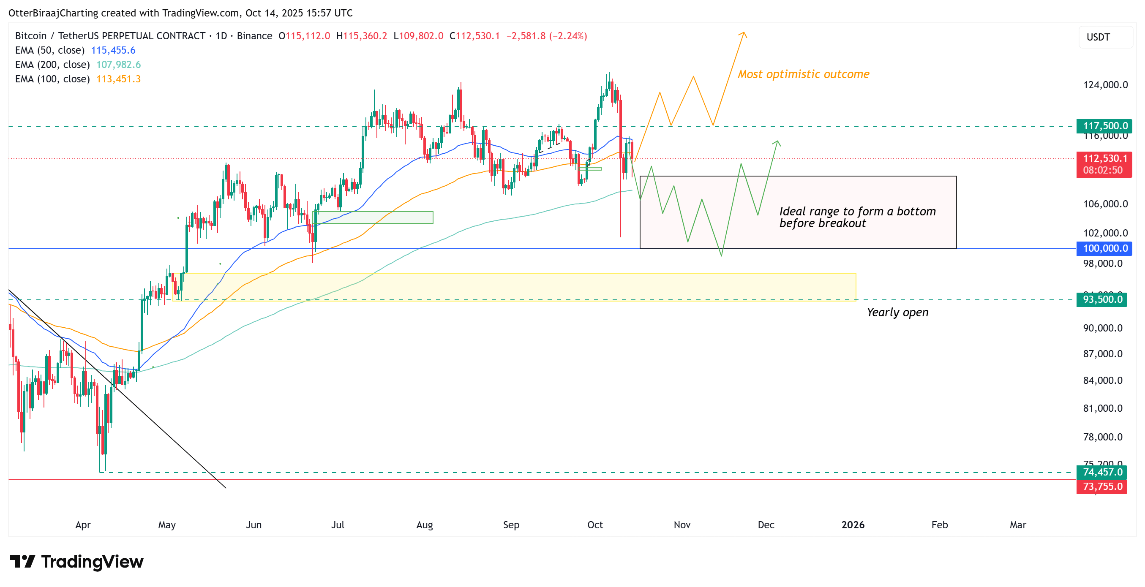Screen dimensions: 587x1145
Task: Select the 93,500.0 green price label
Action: (1102, 299)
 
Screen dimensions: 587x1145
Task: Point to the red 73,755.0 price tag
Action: (1102, 486)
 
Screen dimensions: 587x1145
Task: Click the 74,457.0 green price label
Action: (1102, 472)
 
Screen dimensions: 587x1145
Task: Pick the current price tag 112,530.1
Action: (1104, 159)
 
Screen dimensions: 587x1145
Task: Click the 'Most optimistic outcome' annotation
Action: (803, 74)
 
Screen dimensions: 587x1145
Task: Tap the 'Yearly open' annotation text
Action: (897, 313)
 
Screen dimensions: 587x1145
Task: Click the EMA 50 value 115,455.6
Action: (113, 50)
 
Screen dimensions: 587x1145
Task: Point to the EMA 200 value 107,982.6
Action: (118, 65)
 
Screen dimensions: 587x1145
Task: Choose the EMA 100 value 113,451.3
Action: (118, 79)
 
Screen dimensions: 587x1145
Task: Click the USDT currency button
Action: (1099, 37)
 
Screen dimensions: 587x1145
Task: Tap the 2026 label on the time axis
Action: (853, 525)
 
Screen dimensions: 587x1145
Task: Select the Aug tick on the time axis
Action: (425, 525)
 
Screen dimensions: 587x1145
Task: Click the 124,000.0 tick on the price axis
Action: (1105, 85)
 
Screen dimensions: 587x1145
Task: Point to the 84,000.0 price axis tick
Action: (1102, 380)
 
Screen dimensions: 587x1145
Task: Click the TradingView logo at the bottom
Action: (76, 562)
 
